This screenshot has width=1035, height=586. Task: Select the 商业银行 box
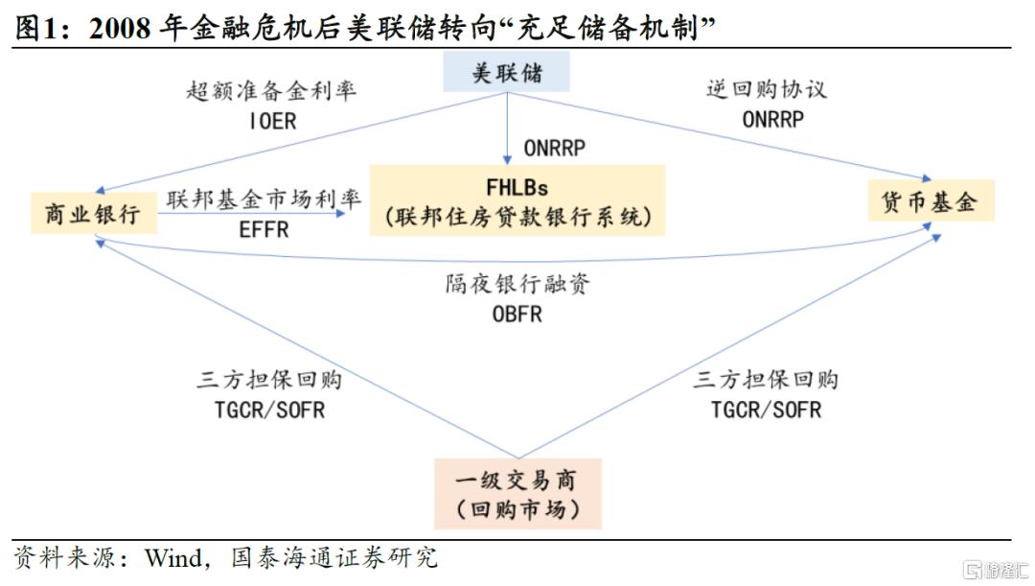pos(93,213)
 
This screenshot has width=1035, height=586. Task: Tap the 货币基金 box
pos(930,200)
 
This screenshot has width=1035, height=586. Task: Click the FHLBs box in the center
pos(517,200)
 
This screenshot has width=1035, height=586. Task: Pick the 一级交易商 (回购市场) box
pos(517,494)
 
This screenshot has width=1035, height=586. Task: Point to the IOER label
pos(272,122)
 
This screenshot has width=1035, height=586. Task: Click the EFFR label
pos(264,230)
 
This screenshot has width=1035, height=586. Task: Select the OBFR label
pos(517,314)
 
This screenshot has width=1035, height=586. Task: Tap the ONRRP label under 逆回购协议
pos(773,120)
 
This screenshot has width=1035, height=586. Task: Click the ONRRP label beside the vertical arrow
pos(555,149)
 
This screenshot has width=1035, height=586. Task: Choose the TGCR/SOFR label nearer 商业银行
pos(269,410)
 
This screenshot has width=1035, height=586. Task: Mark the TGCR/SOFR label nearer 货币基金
pos(766,410)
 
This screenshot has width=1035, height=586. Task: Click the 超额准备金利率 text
pos(271,90)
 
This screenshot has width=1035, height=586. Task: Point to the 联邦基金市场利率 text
pos(264,199)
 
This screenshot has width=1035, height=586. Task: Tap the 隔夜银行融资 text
pos(517,284)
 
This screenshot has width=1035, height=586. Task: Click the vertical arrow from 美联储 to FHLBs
pos(507,129)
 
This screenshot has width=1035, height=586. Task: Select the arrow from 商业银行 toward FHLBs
pos(251,213)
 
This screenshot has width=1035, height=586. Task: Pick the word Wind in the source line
pos(173,558)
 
